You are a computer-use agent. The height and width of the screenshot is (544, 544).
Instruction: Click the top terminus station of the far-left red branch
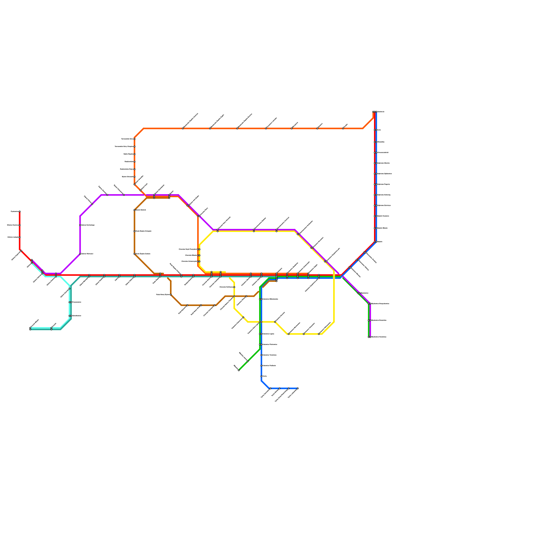pos(20,211)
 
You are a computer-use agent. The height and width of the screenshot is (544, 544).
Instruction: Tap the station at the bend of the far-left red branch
pos(21,251)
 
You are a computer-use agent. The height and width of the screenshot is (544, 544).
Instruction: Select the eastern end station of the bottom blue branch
pos(297,388)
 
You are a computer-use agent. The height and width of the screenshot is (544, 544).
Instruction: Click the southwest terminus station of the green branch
pos(239,370)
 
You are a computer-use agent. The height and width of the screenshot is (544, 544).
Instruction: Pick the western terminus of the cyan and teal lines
pos(30,328)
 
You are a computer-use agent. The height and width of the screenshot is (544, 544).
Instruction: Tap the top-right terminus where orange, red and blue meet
pos(374,112)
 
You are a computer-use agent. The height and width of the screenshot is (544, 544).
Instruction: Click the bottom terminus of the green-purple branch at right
pos(370,337)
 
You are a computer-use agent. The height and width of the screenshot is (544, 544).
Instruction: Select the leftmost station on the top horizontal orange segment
pos(183,129)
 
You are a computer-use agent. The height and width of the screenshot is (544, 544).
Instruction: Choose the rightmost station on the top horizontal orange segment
pos(343,129)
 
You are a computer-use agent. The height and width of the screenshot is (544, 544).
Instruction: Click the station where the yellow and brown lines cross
pos(234,296)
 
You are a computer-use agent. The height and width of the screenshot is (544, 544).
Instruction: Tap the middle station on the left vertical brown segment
pos(135,231)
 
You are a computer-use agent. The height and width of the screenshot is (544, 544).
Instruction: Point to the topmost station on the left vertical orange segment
pos(135,139)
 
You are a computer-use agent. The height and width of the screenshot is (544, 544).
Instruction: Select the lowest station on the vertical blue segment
pos(261,376)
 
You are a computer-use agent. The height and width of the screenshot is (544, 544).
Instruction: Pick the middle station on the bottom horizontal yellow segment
pos(304,334)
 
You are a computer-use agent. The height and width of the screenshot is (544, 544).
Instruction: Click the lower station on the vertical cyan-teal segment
pos(70,316)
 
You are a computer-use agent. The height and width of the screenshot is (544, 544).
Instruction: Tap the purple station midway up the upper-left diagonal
pos(92,204)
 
